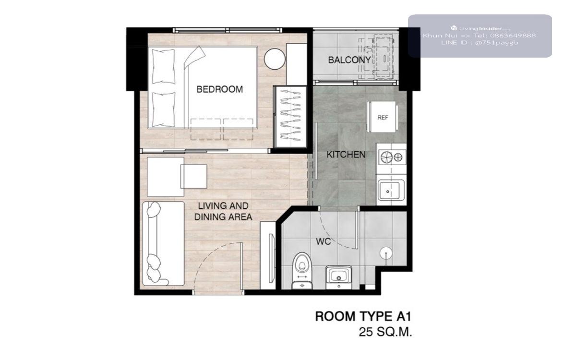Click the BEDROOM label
(x=220, y=89)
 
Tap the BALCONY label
(x=349, y=60)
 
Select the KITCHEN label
(x=346, y=155)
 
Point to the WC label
(x=323, y=241)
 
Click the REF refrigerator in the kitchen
(x=383, y=117)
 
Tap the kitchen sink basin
(x=391, y=190)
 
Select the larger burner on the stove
(x=386, y=157)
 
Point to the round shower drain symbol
(x=386, y=253)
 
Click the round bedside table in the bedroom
(x=275, y=59)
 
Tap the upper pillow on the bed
(x=163, y=66)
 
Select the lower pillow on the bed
(x=164, y=109)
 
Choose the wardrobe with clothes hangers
(x=290, y=117)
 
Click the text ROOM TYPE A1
(x=363, y=316)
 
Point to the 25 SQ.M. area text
(x=385, y=332)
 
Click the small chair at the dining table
(x=194, y=177)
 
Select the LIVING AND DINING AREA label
(x=223, y=211)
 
